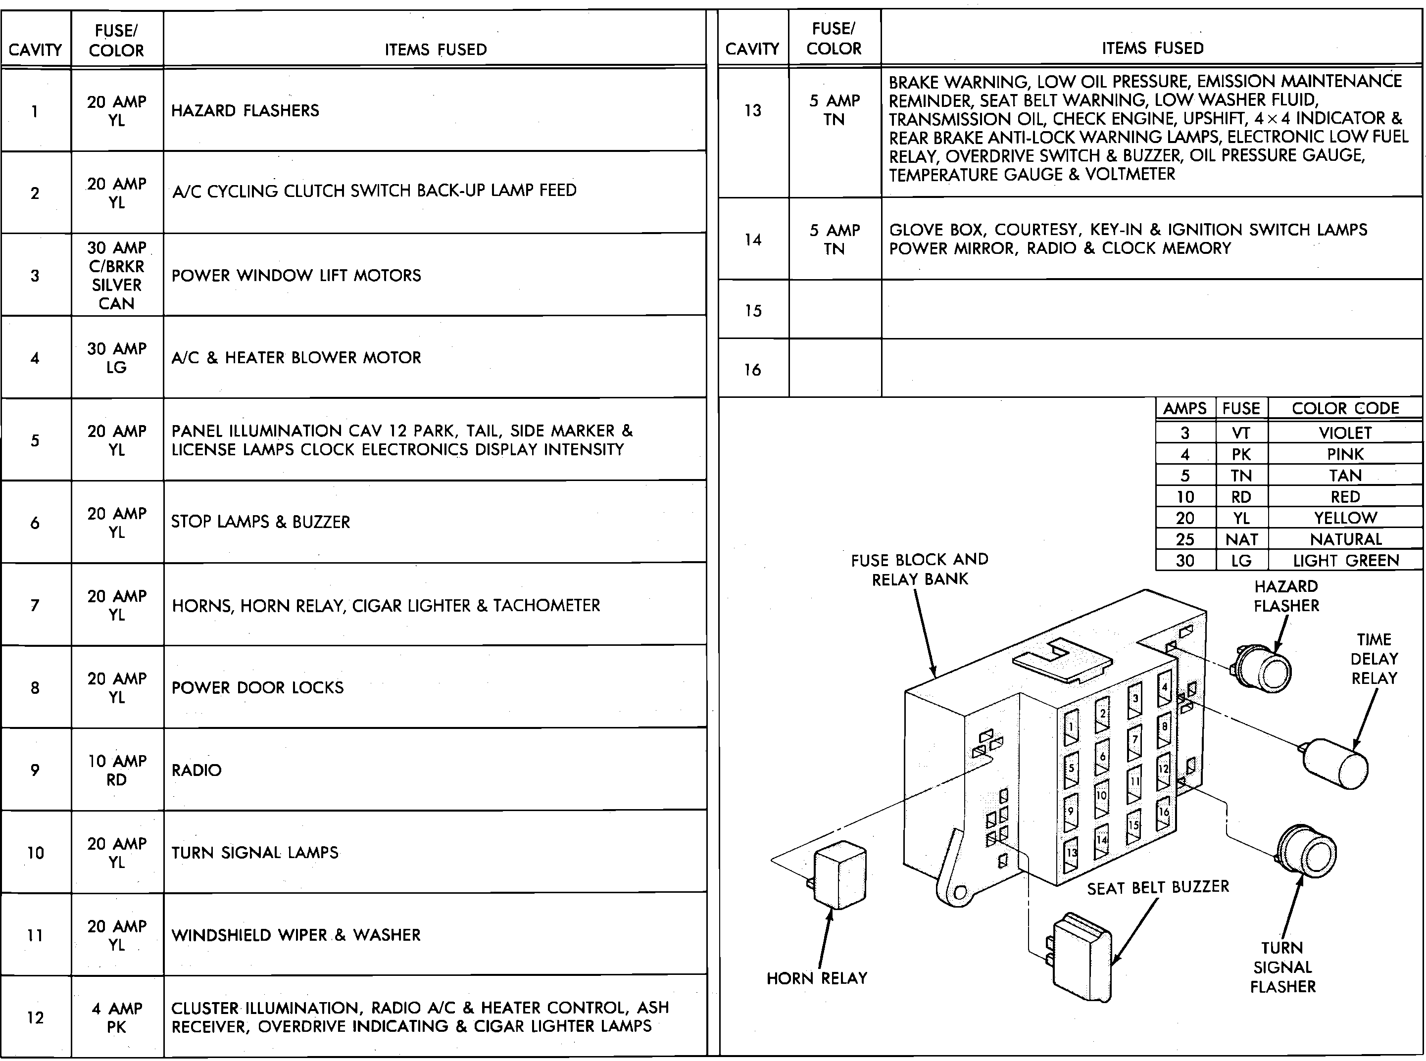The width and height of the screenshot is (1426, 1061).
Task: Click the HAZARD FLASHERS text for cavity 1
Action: point(245,110)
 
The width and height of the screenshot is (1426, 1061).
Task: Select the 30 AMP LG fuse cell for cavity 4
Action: point(116,358)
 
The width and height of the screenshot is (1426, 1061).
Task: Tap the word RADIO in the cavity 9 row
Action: point(197,770)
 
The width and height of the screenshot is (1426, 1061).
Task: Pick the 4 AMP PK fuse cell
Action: point(116,1017)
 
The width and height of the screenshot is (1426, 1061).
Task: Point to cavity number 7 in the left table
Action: point(35,605)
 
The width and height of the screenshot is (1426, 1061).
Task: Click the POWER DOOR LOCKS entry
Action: point(257,688)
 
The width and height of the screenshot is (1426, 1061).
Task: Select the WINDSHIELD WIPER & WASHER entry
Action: point(296,935)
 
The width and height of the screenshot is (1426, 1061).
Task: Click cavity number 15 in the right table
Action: point(753,311)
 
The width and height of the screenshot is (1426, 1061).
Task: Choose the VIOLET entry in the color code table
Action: point(1345,433)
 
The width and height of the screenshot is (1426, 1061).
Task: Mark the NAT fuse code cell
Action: point(1241,539)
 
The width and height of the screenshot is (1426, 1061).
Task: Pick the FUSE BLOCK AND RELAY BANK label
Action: point(919,569)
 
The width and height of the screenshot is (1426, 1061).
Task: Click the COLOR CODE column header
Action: point(1345,408)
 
